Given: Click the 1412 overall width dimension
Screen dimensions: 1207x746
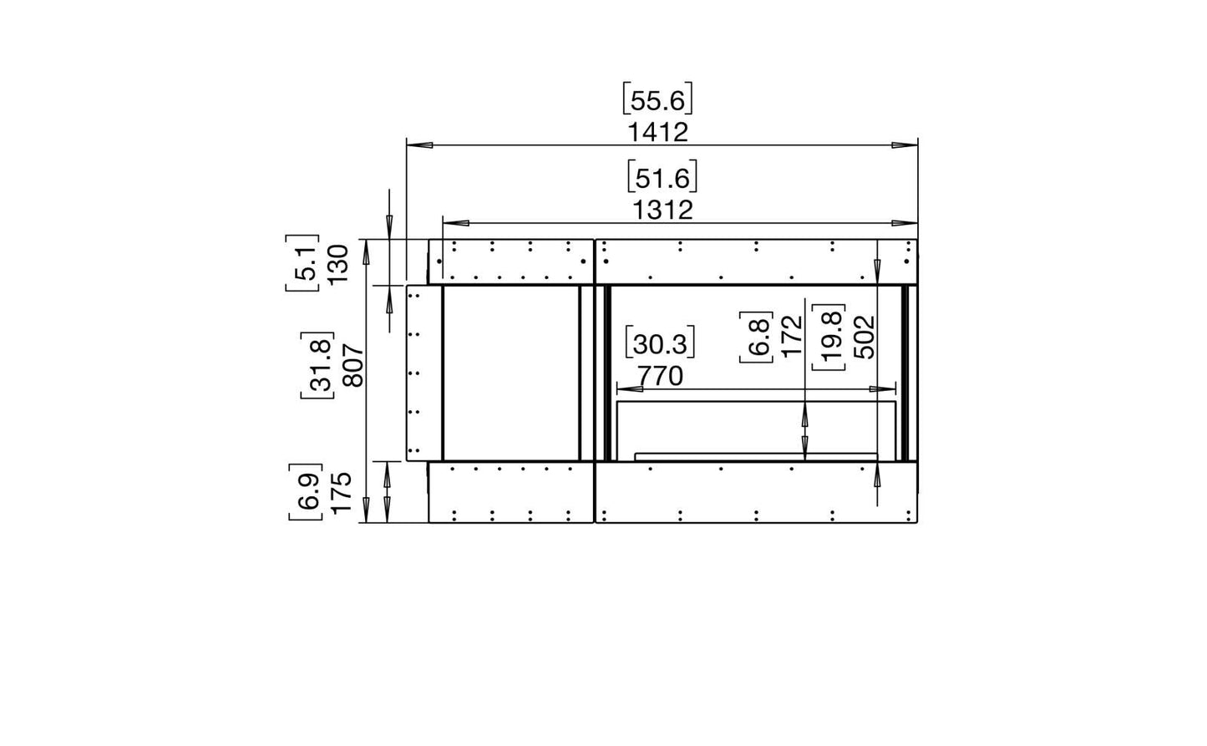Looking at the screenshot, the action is tap(658, 133).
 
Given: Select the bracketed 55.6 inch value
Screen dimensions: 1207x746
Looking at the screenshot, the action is tap(657, 99).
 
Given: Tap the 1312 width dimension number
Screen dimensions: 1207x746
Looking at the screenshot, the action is tap(662, 211).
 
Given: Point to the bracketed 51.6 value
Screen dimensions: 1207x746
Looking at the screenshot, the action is tap(662, 176).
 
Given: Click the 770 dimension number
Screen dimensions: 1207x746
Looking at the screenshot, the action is tap(660, 376).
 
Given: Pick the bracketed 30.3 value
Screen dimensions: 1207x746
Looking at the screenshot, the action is tap(660, 342).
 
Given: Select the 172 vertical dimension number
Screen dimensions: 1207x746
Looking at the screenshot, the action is tap(793, 337).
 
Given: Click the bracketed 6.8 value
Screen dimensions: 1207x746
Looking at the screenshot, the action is tap(757, 337).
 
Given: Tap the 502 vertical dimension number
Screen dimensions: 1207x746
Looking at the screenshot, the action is tap(865, 337).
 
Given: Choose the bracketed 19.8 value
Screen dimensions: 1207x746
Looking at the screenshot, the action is tap(829, 337).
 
